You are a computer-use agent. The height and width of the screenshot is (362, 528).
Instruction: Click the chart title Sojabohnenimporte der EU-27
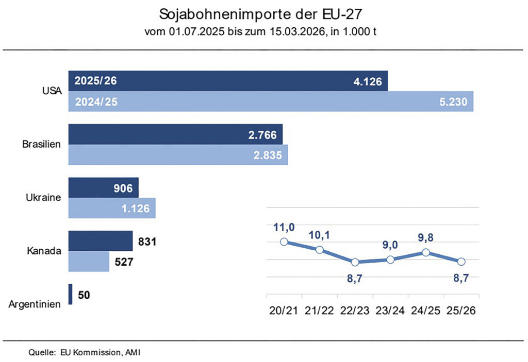pos(263,14)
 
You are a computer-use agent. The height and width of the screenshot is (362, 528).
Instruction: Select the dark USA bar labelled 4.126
pos(227,81)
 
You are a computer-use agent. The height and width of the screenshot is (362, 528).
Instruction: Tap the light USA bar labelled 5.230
pos(271,102)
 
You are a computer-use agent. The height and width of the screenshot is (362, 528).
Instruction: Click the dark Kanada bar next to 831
pos(100,240)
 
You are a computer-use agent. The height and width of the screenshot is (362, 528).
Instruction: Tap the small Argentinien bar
pos(71,295)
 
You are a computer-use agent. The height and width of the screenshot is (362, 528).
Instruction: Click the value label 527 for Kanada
pos(124,262)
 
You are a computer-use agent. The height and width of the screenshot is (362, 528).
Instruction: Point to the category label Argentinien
pos(35,304)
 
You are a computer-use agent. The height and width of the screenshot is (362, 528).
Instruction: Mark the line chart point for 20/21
pos(284,242)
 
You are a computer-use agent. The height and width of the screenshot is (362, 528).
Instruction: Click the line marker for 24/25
pos(426,252)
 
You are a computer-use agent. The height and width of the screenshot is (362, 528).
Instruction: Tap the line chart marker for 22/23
pos(355,262)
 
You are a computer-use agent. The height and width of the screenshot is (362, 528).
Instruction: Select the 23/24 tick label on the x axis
pos(390,311)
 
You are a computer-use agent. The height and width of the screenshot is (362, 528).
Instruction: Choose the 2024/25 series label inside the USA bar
pos(96,102)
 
